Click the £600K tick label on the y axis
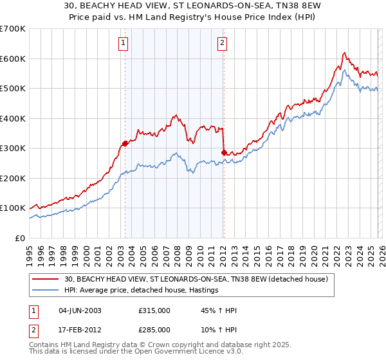[x=13, y=59]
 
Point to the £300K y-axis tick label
[x=13, y=148]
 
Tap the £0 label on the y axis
[x=20, y=238]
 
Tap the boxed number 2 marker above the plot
[x=223, y=44]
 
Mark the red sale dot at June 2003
[x=125, y=143]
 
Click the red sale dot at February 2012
[x=224, y=152]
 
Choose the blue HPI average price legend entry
[x=141, y=291]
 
